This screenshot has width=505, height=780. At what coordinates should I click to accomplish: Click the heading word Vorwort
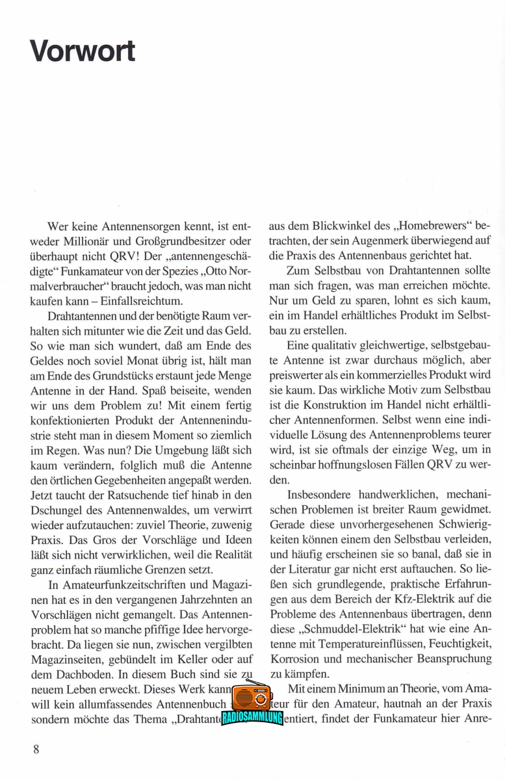tap(83, 51)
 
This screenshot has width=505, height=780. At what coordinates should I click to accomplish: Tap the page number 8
tap(36, 749)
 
